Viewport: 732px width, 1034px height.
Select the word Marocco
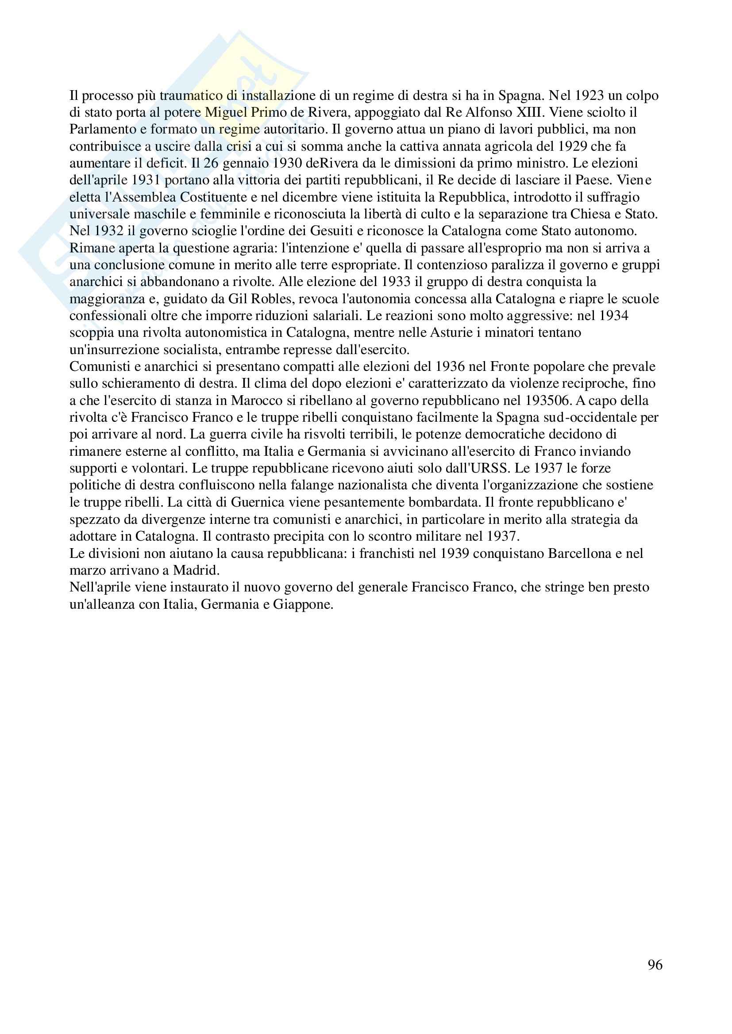pos(255,401)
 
